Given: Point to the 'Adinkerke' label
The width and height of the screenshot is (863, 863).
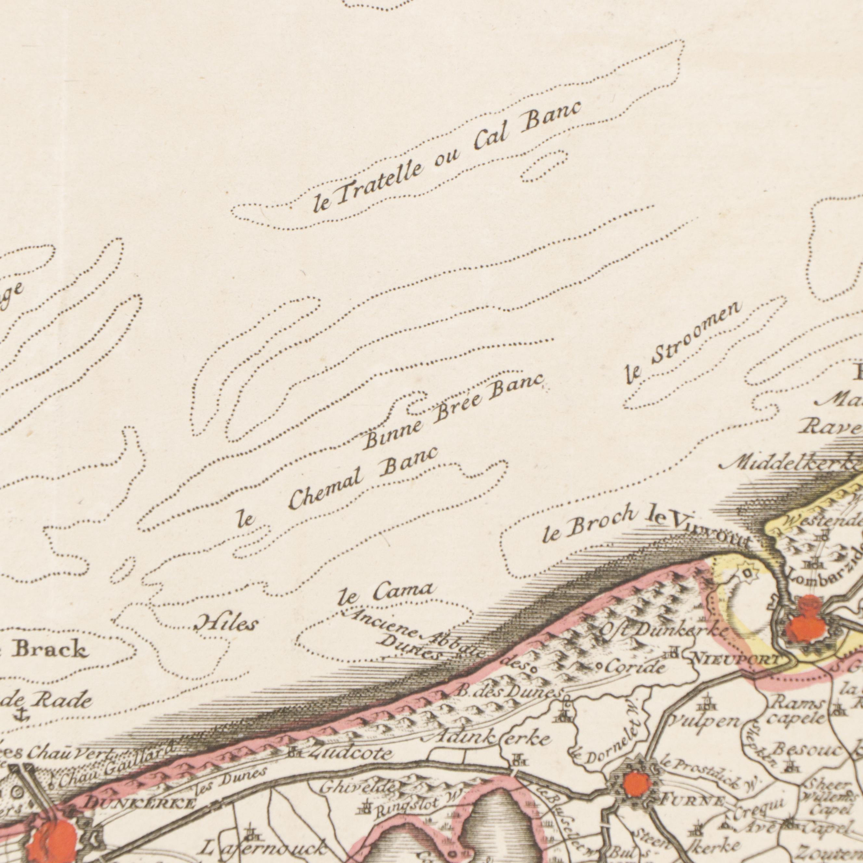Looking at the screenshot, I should click(x=491, y=738).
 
